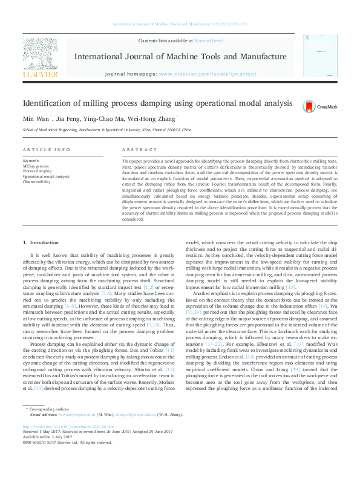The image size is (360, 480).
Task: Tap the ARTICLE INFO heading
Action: [46, 149]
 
